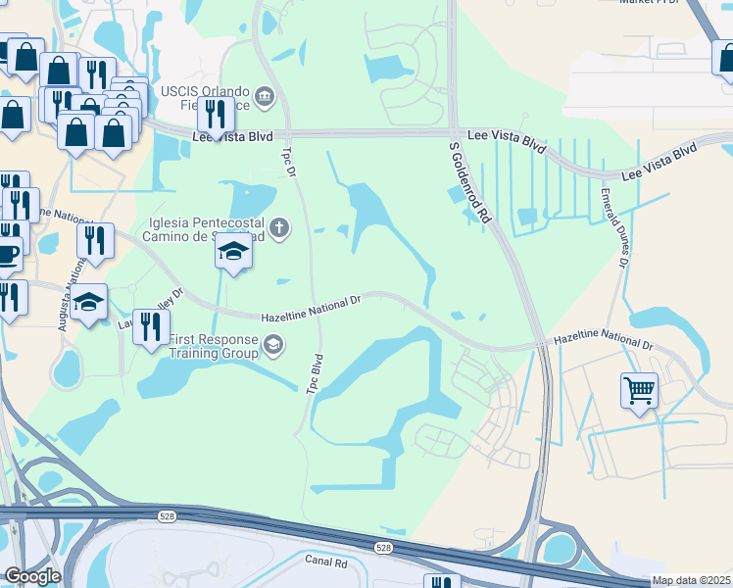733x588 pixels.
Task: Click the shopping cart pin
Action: click(639, 390)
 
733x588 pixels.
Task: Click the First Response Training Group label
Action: click(212, 346)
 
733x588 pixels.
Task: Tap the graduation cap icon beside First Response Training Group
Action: click(273, 343)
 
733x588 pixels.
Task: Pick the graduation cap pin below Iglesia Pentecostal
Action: click(233, 253)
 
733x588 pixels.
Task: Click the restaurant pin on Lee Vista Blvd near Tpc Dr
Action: click(215, 114)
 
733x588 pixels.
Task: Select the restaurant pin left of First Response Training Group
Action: click(149, 326)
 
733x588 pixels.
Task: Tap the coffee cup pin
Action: click(7, 254)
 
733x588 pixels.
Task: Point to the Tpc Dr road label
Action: click(288, 162)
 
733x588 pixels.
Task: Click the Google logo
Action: click(32, 576)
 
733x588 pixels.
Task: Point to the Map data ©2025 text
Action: click(691, 580)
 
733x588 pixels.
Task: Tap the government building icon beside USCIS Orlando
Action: click(264, 96)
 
